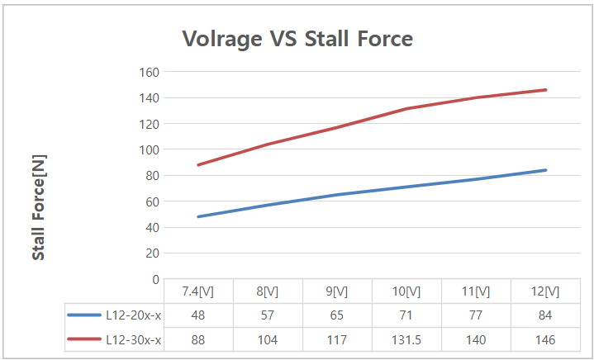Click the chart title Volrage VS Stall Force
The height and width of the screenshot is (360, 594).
(x=297, y=38)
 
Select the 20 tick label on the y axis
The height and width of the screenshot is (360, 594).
(x=150, y=253)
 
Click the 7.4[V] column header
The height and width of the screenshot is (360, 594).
(x=198, y=291)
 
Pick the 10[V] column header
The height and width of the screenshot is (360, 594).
(x=406, y=291)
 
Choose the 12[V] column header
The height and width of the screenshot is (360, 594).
(x=544, y=291)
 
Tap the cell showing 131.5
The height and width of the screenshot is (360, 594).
(x=406, y=339)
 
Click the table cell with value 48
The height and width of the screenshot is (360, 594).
(x=198, y=315)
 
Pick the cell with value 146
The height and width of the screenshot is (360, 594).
(x=544, y=339)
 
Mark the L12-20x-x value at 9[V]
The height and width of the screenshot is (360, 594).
(x=336, y=315)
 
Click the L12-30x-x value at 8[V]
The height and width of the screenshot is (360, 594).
(x=268, y=339)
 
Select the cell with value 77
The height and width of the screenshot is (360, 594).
(x=475, y=315)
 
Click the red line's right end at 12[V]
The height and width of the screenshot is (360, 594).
(x=545, y=90)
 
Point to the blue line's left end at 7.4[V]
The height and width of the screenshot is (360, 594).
(x=198, y=216)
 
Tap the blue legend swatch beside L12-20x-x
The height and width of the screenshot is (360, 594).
(x=83, y=315)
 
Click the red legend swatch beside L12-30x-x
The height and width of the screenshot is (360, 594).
(x=83, y=339)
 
